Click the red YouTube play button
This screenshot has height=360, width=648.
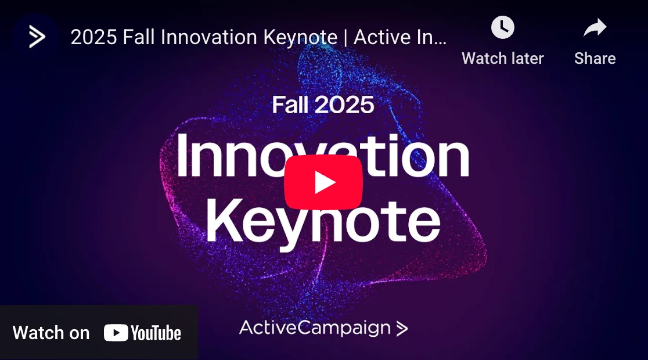pos(323,182)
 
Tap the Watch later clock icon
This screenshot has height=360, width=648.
pos(502,27)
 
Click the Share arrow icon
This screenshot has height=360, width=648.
pos(595,28)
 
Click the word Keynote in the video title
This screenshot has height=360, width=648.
pos(300,37)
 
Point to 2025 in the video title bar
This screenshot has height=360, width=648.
pos(94,37)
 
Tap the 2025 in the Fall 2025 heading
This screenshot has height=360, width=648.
pos(345,105)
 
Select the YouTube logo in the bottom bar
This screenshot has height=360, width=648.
pos(142,333)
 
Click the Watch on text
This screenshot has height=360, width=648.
pos(51,333)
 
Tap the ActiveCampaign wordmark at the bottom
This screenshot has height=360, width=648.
pos(315,327)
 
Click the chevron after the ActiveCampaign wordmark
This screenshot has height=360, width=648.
pos(402,329)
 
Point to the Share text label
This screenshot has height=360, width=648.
pos(595,58)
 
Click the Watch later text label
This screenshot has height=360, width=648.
pos(502,58)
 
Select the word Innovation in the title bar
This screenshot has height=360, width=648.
pos(210,37)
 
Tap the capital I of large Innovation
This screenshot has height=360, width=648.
pos(182,154)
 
